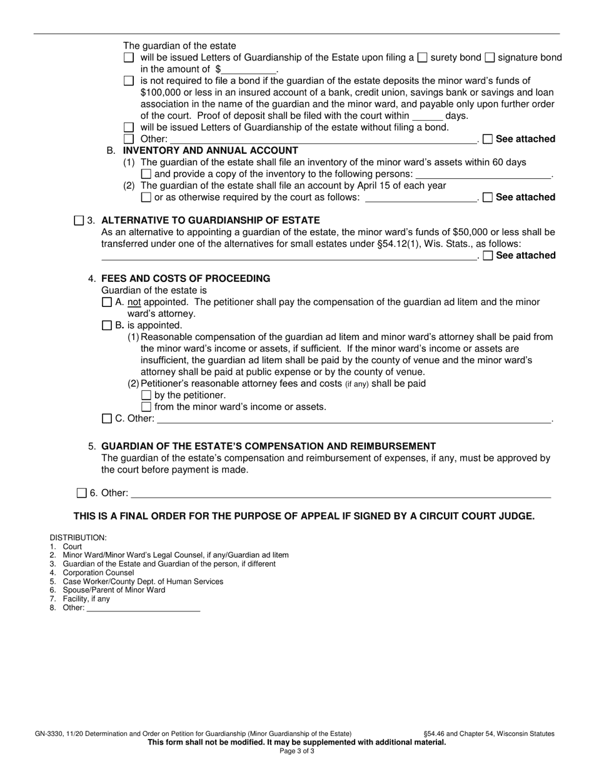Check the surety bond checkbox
tap(422, 58)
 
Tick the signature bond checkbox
tap(490, 58)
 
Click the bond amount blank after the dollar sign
tap(249, 69)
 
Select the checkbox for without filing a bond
tap(129, 128)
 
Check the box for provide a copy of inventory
tap(146, 174)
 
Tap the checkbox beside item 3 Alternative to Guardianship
tap(79, 220)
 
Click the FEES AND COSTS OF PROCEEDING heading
tap(186, 278)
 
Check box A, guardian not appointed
tap(106, 302)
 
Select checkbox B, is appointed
tap(106, 326)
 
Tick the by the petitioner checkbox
tap(146, 395)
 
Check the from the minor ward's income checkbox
tap(146, 407)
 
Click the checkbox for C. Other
tap(106, 419)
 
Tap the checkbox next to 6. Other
tap(81, 493)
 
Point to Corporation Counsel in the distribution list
tap(98, 573)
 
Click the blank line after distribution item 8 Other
tap(143, 608)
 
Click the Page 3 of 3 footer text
tap(297, 751)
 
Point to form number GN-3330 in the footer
tap(51, 734)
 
